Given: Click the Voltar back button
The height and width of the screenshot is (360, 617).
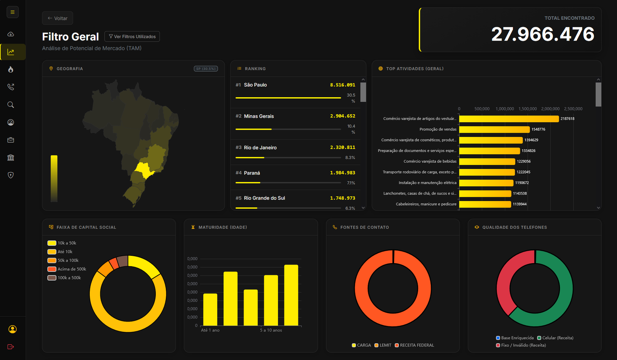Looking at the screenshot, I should coord(57,18).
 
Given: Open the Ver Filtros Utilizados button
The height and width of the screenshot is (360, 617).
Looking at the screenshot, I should coord(132,37).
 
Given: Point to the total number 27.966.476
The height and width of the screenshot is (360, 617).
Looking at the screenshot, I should coord(542,34).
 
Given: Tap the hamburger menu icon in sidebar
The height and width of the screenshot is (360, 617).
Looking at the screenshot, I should coord(12,12).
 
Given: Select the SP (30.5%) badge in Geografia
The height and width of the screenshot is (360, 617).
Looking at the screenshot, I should coord(206,69).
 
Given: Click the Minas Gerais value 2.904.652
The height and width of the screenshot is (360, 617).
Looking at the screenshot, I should coord(342,116).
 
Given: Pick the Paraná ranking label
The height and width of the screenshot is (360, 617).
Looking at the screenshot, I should coord(252,173).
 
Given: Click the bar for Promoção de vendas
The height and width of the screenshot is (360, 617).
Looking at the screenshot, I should coord(494,130).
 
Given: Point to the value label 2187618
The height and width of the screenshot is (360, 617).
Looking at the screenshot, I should coord(567,119).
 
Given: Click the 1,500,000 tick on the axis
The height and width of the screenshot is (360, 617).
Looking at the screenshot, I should coord(528,109).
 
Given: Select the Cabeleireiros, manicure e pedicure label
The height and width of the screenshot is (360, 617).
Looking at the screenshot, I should coord(426,204).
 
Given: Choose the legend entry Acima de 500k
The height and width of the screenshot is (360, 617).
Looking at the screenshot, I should coord(72,269).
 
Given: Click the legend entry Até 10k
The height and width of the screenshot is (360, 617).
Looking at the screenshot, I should coord(65,252).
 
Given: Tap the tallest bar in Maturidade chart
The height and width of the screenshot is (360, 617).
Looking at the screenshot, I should coord(291,295).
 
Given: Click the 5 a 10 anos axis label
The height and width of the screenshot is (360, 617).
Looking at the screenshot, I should coord(271,330).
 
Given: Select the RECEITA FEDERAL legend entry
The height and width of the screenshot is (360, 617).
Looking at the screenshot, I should coord(416,345).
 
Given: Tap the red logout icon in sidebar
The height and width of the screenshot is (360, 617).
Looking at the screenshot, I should coord(11,347).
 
